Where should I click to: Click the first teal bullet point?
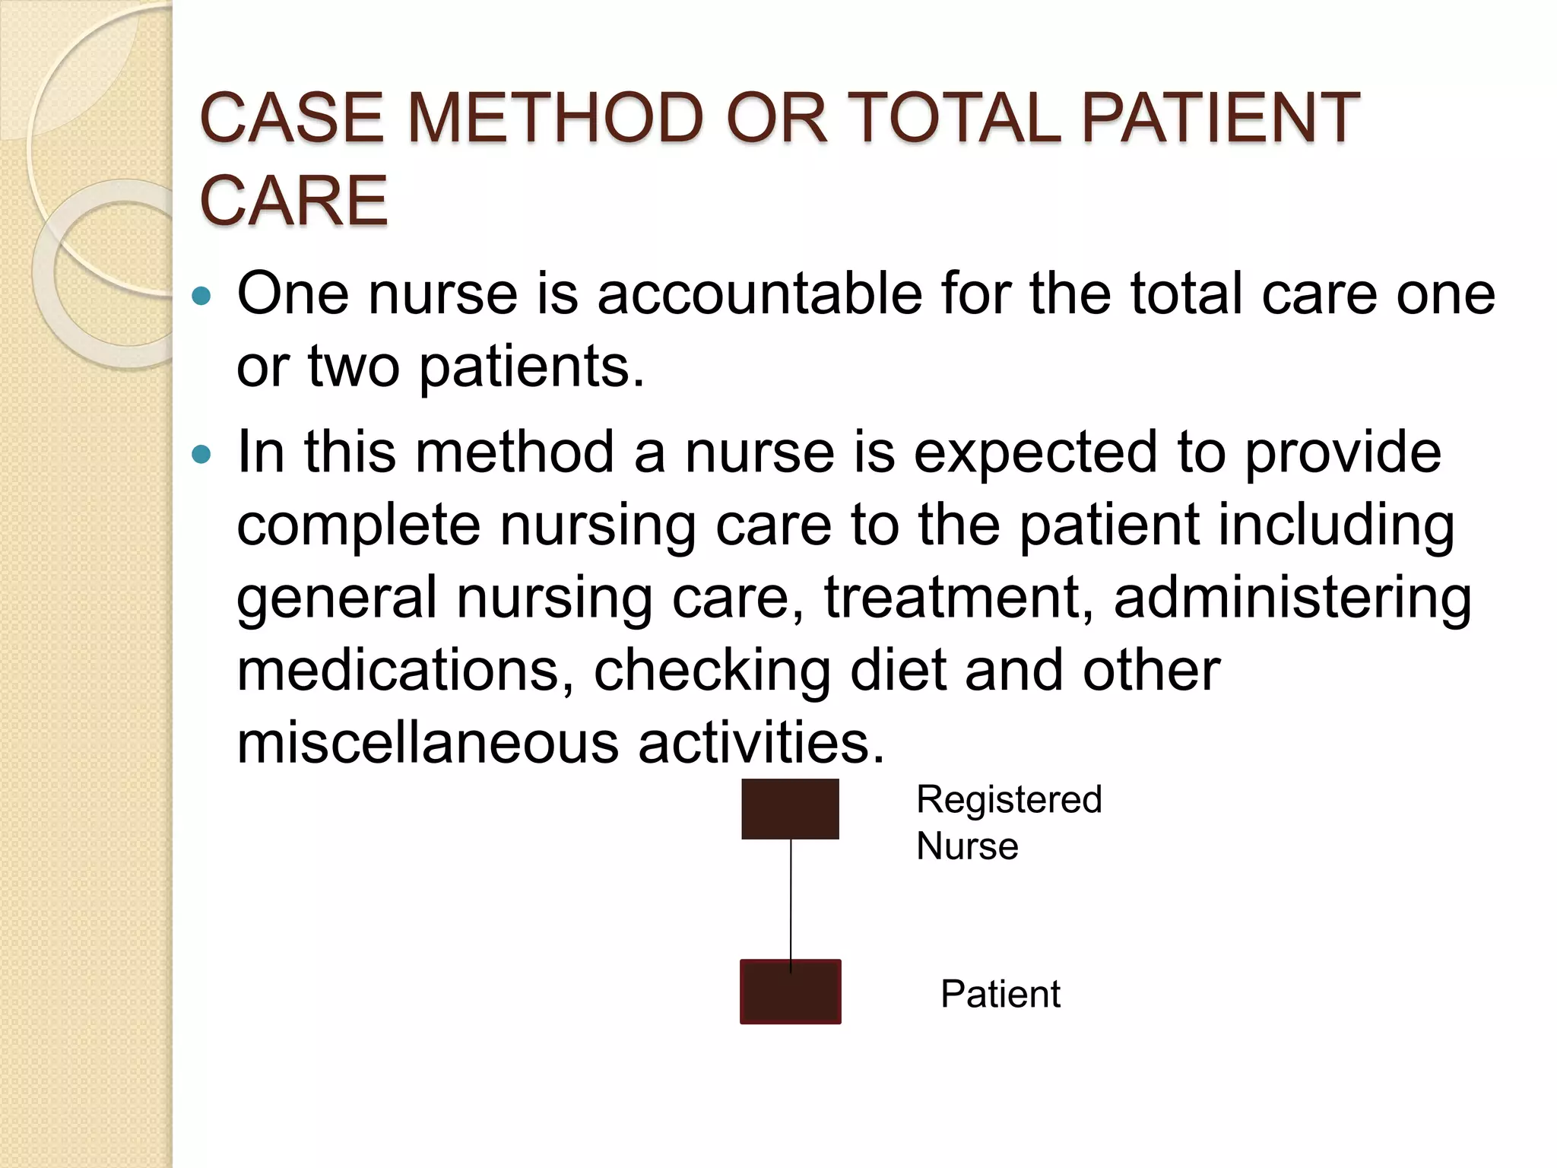(201, 296)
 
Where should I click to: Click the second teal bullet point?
(201, 455)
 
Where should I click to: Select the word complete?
(359, 525)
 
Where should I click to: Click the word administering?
(1292, 598)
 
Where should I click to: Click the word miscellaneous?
(428, 742)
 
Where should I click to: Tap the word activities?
(761, 742)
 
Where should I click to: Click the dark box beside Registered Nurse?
(790, 809)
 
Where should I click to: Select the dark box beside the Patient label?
(790, 992)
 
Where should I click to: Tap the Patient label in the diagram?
(1000, 994)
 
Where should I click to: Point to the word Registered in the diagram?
(1009, 800)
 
